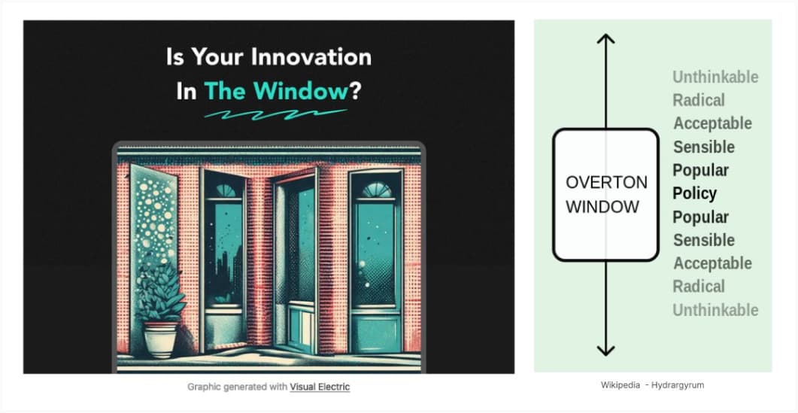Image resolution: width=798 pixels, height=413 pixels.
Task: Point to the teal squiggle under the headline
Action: [276, 114]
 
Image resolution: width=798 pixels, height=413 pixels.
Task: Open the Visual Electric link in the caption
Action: [320, 387]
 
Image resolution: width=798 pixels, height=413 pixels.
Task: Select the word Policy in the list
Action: [694, 193]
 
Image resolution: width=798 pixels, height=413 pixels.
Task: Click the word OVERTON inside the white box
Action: [606, 183]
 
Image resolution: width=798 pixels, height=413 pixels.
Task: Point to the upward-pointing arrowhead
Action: [605, 39]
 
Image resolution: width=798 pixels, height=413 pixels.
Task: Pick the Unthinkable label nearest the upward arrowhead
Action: [715, 77]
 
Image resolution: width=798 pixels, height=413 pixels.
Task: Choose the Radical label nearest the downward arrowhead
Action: [699, 287]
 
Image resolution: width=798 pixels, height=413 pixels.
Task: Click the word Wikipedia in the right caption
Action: [619, 385]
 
